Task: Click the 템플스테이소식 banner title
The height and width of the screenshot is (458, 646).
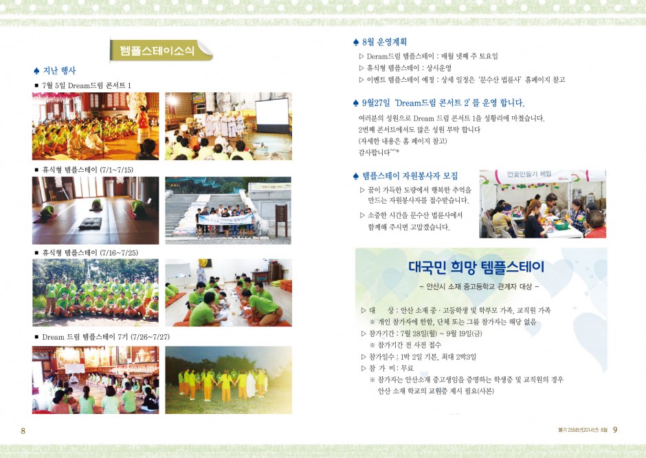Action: [x=157, y=51]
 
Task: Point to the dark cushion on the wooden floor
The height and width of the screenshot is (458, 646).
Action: [x=90, y=223]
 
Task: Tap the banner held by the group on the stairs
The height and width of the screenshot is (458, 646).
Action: [x=225, y=219]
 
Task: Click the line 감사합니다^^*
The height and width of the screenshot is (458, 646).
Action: [x=379, y=152]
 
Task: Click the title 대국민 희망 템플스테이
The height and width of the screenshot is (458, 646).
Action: [x=476, y=267]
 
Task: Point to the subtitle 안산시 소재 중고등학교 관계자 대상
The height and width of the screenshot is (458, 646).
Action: [x=479, y=286]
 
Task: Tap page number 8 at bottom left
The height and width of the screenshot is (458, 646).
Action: [x=23, y=430]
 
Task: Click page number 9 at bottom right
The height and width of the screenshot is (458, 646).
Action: [x=615, y=430]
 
